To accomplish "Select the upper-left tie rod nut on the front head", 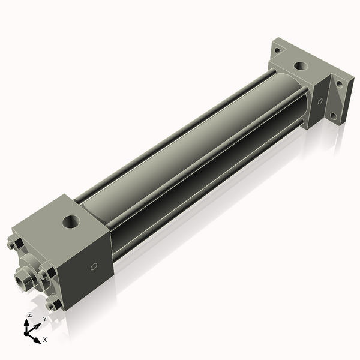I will [x=17, y=244].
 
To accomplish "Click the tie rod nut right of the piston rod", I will [x=46, y=274].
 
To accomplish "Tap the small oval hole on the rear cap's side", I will [x=320, y=101].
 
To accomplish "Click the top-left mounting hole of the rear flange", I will [x=277, y=50].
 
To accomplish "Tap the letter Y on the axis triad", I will [x=44, y=319].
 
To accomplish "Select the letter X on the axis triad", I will [x=45, y=340].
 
